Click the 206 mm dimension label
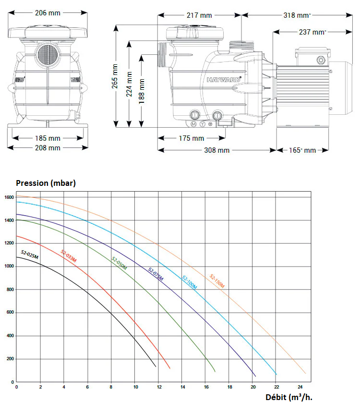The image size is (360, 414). pos(48,12)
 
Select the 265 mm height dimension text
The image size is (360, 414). pos(115,76)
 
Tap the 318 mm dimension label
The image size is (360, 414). pos(297,15)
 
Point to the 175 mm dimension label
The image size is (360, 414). pos(192,138)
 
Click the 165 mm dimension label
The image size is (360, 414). pos(302,150)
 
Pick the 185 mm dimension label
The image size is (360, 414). pos(48,138)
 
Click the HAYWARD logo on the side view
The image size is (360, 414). pos(224,79)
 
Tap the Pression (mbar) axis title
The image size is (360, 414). pos(46,183)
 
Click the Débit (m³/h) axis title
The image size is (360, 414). pos(289,397)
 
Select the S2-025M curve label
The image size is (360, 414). pos(30,255)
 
